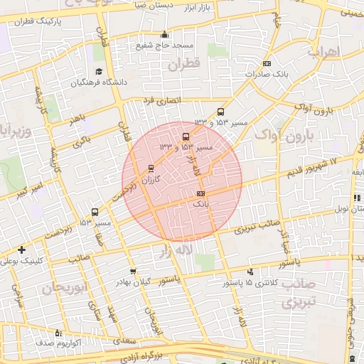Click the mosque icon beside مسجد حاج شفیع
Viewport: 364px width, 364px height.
point(165,34)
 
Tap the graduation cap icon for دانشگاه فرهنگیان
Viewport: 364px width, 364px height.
point(99,72)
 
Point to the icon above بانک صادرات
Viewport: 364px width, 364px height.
point(267,63)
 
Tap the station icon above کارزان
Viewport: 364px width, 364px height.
point(150,168)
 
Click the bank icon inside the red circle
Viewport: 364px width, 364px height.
point(200,193)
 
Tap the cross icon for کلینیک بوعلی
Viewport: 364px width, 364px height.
point(22,250)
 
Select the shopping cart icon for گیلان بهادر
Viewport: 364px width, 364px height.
point(133,272)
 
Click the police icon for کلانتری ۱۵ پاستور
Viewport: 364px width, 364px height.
point(250,272)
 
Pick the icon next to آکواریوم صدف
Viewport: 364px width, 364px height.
point(58,332)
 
